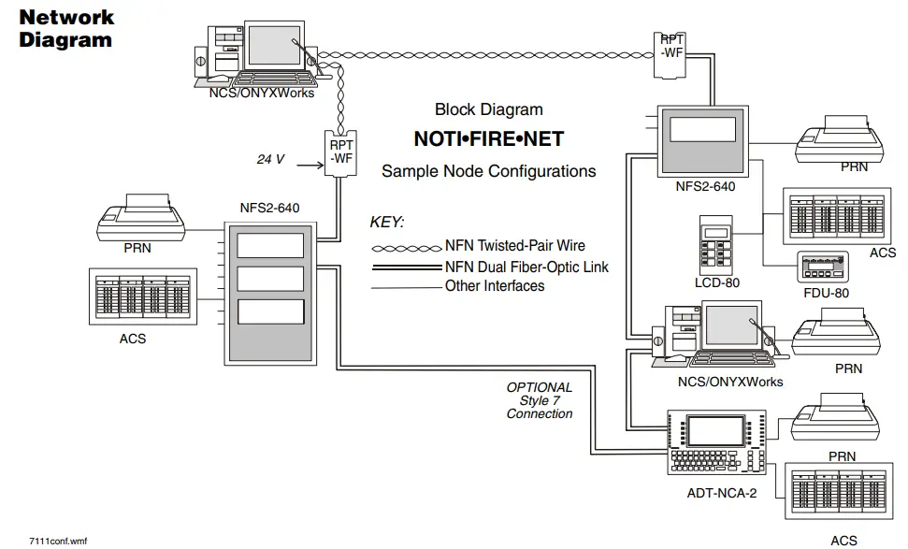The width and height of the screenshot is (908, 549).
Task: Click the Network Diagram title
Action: point(65,28)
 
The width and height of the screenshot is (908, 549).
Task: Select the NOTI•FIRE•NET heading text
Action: point(488,139)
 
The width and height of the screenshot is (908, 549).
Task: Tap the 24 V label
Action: point(270,160)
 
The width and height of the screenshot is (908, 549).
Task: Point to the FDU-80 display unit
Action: point(822,267)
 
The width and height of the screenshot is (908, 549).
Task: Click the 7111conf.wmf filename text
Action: point(58,541)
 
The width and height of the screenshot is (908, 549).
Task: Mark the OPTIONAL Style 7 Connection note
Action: point(540,400)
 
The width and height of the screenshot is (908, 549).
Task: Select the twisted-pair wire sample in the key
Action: point(406,248)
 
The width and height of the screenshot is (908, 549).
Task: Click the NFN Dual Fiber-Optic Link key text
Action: point(526,267)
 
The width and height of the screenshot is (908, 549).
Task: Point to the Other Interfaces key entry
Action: point(495,286)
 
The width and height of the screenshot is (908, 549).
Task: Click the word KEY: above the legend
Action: point(387,223)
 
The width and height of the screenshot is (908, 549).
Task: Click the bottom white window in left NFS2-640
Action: point(270,311)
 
